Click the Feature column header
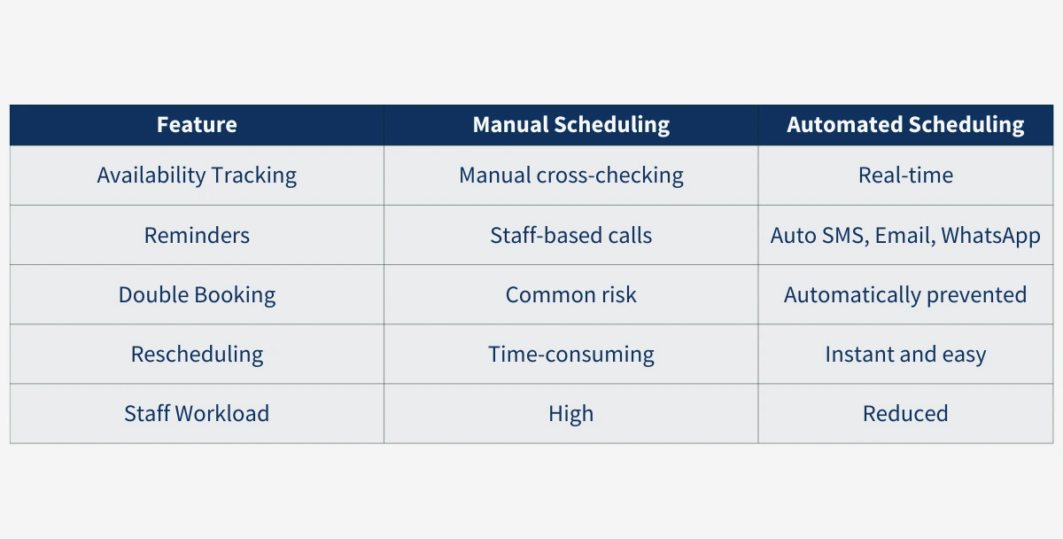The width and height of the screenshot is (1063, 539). click(x=197, y=125)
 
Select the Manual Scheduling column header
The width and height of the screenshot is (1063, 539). click(x=570, y=125)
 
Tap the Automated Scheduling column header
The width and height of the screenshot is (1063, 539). click(x=905, y=125)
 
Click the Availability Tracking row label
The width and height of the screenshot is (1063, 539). click(x=197, y=176)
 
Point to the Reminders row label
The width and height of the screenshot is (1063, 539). click(x=197, y=235)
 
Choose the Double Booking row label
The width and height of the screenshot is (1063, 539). click(x=197, y=294)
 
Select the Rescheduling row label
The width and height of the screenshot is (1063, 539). click(x=197, y=355)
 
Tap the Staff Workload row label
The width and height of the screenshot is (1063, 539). click(x=197, y=413)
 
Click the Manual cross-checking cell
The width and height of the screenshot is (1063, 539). click(x=570, y=176)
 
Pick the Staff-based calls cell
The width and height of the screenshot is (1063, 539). click(x=570, y=235)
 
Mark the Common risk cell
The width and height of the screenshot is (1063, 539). click(x=570, y=294)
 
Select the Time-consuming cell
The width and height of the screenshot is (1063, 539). click(x=570, y=355)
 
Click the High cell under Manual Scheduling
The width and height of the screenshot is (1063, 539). click(x=570, y=413)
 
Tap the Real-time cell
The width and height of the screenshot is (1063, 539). click(x=905, y=176)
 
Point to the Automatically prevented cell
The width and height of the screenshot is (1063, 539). click(x=905, y=294)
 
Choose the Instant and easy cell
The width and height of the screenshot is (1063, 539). click(x=905, y=355)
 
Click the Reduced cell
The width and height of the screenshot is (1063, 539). click(x=905, y=413)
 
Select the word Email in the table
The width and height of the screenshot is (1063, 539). click(x=904, y=236)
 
